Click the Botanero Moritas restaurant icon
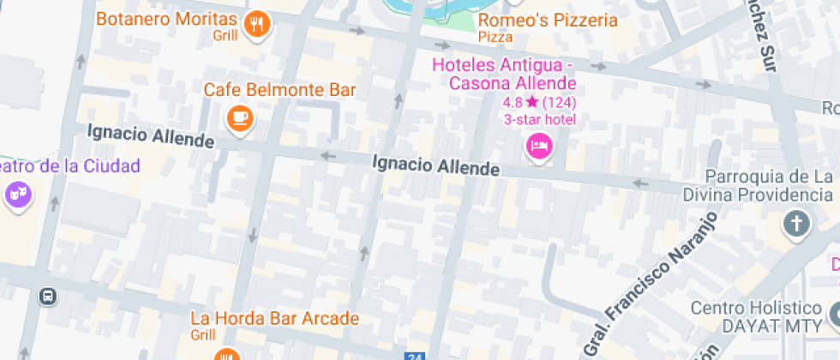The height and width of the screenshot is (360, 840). point(256,24)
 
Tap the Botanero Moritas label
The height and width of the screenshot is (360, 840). point(166,19)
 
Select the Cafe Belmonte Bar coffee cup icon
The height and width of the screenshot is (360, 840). point(240,118)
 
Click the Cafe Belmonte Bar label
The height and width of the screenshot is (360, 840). point(279,90)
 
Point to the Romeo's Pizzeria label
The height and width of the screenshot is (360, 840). point(548,20)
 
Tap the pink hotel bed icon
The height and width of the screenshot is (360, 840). point(538,146)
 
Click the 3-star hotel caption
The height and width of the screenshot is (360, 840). point(539,119)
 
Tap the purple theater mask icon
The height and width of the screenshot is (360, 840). point(17,195)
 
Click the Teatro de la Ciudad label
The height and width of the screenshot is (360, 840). point(69,165)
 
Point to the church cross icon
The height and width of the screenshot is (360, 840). point(796,225)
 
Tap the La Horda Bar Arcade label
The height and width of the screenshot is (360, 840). point(274,319)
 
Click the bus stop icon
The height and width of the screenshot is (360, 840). point(48,297)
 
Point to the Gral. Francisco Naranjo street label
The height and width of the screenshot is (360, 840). point(650,285)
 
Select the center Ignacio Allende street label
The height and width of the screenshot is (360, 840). point(436,165)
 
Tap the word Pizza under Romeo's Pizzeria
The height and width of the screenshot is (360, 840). point(495,37)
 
